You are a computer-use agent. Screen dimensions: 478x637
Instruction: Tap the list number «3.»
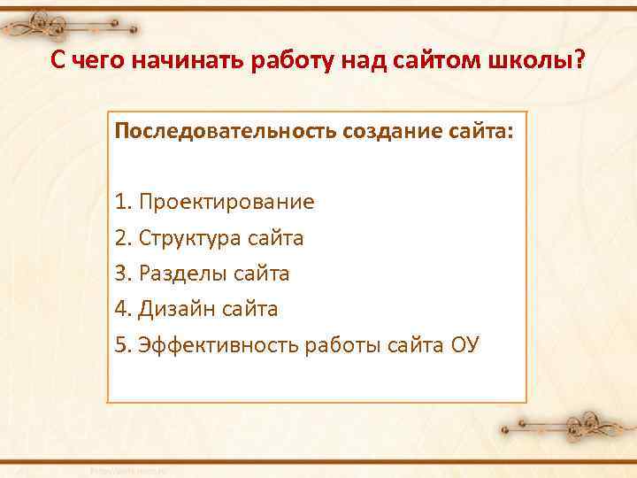[x=123, y=274]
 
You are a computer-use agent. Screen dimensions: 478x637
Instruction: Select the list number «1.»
[x=123, y=202]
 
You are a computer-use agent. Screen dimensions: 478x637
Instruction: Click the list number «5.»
[x=123, y=344]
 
